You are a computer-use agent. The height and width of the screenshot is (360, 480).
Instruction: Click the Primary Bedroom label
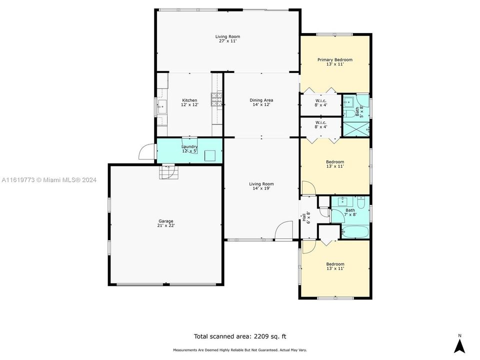[334, 62]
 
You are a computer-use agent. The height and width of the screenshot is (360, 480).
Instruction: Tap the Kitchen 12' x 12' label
[189, 102]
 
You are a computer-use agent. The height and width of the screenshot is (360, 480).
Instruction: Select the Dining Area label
[261, 102]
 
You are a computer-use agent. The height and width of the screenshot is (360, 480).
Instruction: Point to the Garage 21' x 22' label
[166, 223]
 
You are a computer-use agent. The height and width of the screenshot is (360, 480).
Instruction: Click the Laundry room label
[189, 148]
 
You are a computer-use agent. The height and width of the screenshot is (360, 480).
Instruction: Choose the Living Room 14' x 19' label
[261, 186]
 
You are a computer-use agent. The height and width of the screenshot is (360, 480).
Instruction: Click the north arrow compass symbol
[459, 345]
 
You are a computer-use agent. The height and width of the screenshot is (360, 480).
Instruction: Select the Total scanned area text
[239, 336]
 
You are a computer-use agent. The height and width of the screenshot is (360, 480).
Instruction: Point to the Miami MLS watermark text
[49, 180]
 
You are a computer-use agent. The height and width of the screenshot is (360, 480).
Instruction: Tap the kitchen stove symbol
[217, 100]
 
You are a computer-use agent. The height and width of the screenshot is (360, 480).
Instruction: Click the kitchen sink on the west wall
[161, 106]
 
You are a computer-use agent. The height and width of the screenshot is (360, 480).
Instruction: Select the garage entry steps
[168, 172]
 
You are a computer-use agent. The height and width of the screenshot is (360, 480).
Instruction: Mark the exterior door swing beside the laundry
[146, 152]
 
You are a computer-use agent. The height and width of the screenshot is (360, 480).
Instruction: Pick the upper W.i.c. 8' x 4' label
[320, 103]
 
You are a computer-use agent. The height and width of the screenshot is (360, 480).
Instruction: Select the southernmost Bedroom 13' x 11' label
[334, 266]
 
